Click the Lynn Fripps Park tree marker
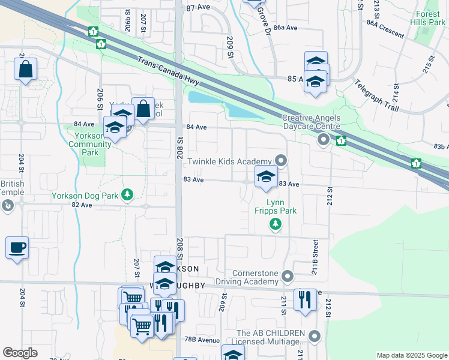point(275,224)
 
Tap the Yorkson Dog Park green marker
point(127,194)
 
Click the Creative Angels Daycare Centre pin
point(324,140)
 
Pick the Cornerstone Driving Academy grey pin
point(288,276)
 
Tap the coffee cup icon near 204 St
point(17,247)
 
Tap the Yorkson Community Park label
point(89,144)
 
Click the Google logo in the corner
point(20,353)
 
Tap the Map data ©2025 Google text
point(411,355)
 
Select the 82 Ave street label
point(82,205)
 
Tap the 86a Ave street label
point(285,28)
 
